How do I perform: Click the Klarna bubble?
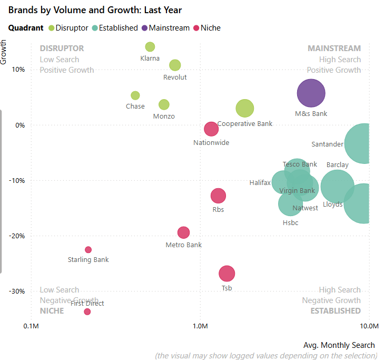point(150,47)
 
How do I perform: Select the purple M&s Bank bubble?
point(311,93)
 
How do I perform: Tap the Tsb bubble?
point(227,274)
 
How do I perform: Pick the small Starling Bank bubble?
point(88,250)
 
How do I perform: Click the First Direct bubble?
point(87,312)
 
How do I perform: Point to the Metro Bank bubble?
point(183,232)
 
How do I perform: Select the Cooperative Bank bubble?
point(244,109)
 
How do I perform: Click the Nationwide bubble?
point(211,129)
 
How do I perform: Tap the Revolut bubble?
point(175,65)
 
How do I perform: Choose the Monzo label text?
point(164,116)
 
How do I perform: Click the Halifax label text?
point(260,183)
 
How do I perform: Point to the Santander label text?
point(327,144)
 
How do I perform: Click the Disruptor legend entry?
point(68,28)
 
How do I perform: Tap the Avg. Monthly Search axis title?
point(339,345)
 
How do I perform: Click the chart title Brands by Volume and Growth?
point(95,10)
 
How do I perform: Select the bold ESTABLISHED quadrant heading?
point(336,311)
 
